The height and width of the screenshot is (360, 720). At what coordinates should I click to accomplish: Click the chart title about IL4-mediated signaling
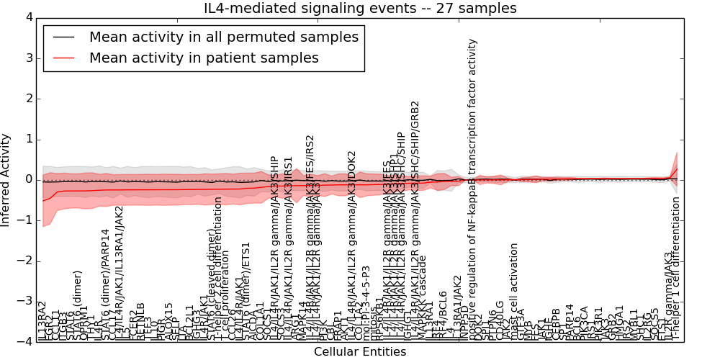(x=359, y=8)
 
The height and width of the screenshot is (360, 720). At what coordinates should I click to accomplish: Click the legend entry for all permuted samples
(x=223, y=37)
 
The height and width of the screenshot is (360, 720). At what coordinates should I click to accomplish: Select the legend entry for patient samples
(x=204, y=58)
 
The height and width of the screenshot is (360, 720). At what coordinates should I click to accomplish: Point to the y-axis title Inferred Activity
(x=6, y=179)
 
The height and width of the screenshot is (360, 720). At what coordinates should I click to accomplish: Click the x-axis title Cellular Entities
(x=359, y=351)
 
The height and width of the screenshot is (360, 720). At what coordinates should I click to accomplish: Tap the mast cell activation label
(x=514, y=292)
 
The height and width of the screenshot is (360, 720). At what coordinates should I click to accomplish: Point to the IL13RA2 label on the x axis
(x=42, y=321)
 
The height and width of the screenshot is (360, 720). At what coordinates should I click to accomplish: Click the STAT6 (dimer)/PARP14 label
(x=105, y=284)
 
